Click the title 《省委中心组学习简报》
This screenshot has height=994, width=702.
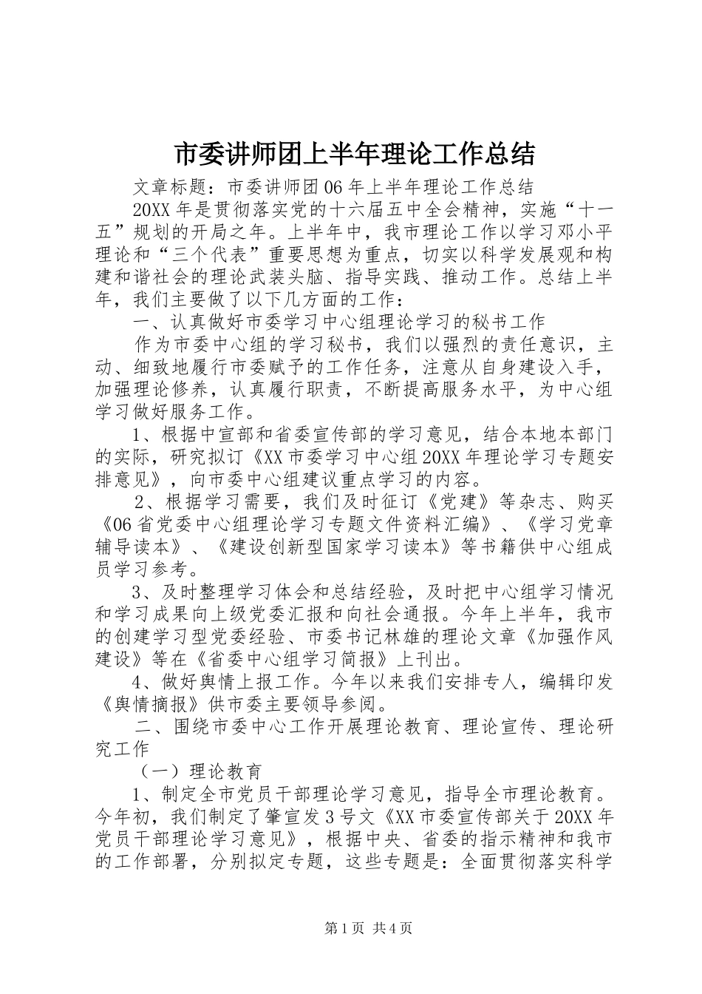pos(319,657)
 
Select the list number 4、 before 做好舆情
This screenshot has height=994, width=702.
pos(142,680)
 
